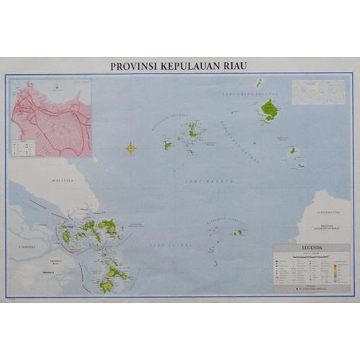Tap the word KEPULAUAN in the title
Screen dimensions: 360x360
(x=189, y=66)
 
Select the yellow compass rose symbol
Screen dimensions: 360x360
(x=131, y=149)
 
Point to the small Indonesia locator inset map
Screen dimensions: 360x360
(x=320, y=93)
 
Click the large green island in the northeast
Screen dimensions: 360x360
(x=269, y=109)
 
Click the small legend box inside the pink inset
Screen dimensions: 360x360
(x=20, y=148)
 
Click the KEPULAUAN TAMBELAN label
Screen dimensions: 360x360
(x=218, y=222)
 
